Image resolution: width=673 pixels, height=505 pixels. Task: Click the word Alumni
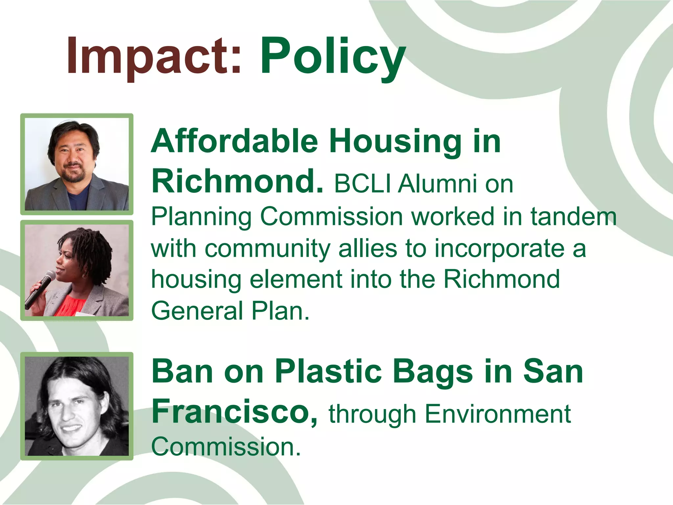(x=437, y=184)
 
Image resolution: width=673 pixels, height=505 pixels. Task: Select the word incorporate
(x=499, y=249)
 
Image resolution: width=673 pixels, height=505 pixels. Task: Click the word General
(x=197, y=311)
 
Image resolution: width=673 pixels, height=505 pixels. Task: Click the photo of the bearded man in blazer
(x=77, y=164)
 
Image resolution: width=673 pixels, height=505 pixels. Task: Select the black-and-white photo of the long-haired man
(x=77, y=406)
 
